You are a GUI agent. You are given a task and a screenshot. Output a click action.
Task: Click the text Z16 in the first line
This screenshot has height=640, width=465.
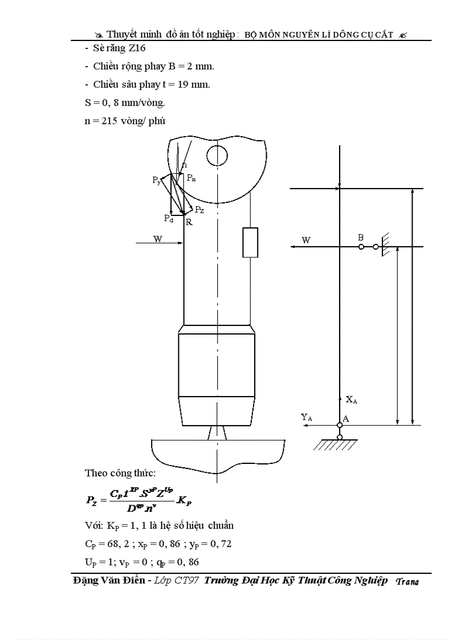136,48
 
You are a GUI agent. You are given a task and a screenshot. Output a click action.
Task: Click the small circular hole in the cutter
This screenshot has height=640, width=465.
217,154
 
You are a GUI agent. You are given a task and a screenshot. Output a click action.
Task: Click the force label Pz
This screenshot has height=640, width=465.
199,210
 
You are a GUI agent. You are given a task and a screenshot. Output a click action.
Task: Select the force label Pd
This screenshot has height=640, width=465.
168,218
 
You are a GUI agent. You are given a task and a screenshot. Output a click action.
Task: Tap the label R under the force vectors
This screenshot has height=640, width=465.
189,222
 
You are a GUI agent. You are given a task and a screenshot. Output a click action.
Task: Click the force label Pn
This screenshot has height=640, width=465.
191,178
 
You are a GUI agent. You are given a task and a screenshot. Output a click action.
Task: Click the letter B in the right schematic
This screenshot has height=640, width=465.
361,237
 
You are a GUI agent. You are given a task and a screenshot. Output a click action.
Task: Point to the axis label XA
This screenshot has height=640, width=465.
351,400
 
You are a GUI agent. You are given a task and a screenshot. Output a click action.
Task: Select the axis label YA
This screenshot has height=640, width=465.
307,418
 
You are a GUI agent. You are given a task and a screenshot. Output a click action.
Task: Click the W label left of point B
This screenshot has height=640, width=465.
306,240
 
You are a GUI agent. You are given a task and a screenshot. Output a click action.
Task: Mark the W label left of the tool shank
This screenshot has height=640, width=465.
157,239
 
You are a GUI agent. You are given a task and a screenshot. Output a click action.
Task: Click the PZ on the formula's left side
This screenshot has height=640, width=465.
92,500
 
